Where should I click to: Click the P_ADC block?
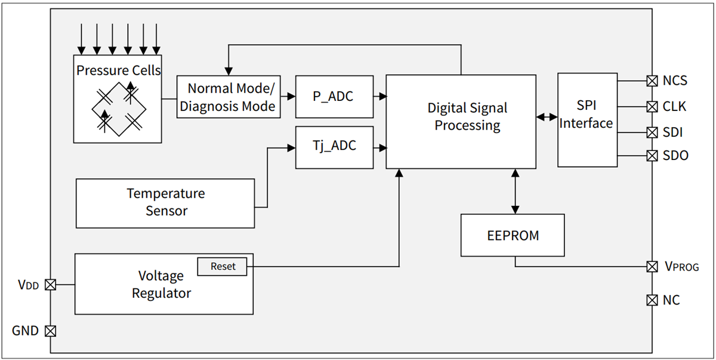(x=334, y=96)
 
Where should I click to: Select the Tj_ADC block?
(x=334, y=147)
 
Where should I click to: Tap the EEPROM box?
(x=513, y=235)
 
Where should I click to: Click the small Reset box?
(x=223, y=267)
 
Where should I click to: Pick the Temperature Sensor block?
(x=165, y=203)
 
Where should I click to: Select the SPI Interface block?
(x=587, y=119)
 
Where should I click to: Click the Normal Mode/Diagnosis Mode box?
(x=229, y=97)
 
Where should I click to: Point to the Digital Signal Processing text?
(x=467, y=117)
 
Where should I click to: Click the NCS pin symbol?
(x=652, y=81)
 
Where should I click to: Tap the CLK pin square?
(x=652, y=107)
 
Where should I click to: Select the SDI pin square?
(x=652, y=132)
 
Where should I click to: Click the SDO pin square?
(x=652, y=156)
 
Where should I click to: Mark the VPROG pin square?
(x=652, y=266)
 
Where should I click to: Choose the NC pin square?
(x=652, y=300)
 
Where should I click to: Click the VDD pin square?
(x=51, y=285)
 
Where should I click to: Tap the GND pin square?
(x=51, y=331)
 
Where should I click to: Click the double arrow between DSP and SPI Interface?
(x=547, y=118)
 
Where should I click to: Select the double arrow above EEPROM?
(x=515, y=192)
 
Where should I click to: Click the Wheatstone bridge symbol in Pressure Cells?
(x=117, y=108)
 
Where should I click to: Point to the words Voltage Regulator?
(x=161, y=285)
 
